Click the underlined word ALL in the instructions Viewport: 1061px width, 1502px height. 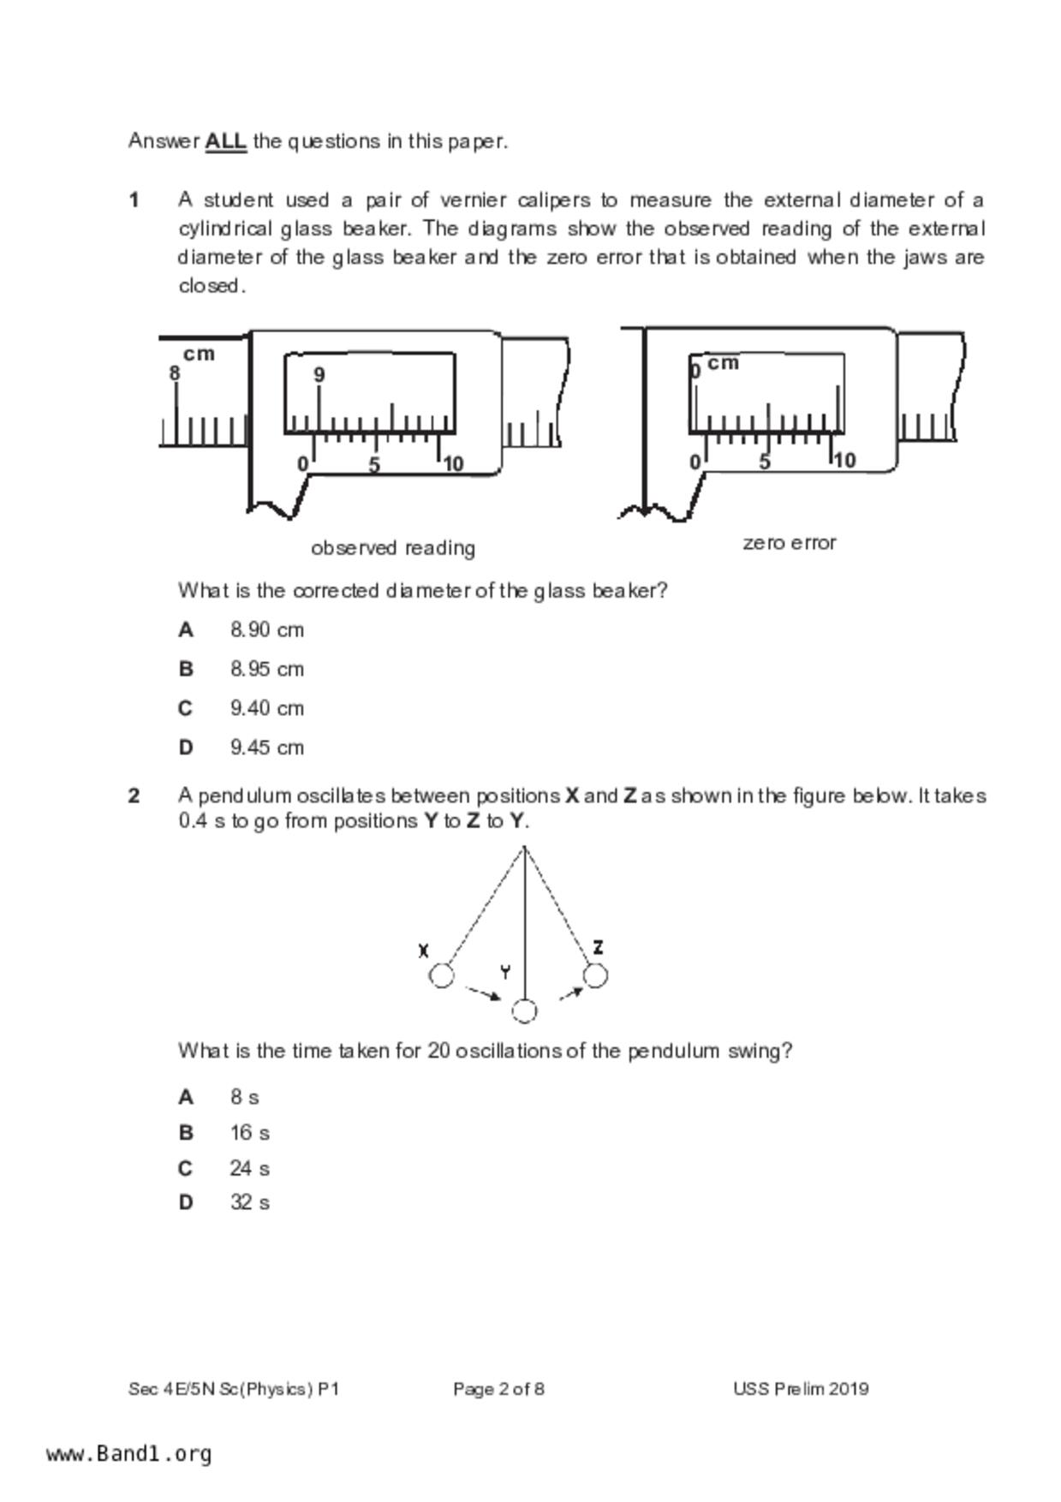(x=225, y=141)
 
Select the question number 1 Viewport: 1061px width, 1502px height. (x=134, y=200)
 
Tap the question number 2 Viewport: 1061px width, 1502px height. (x=134, y=796)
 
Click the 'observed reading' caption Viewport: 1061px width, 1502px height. (x=392, y=548)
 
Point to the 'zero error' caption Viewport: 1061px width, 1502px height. (x=789, y=543)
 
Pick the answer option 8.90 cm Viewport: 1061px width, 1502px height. (x=266, y=630)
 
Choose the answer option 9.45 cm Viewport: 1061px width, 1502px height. (x=266, y=748)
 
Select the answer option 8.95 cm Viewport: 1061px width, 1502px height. (x=266, y=669)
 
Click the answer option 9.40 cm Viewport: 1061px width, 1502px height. (x=266, y=708)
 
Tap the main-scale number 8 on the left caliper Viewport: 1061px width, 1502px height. (x=175, y=373)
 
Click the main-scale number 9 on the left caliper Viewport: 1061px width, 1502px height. (x=319, y=375)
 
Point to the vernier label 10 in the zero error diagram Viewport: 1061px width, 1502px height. (x=844, y=461)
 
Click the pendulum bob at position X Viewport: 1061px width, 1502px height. (x=441, y=975)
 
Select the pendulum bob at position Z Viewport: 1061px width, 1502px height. (x=595, y=975)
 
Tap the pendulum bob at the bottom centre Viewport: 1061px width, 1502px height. (x=524, y=1011)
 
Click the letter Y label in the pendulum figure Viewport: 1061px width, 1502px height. (x=505, y=972)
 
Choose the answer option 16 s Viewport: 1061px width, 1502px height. (x=249, y=1133)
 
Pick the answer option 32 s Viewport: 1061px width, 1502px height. (x=249, y=1203)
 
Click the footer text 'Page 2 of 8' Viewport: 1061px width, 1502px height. (x=498, y=1389)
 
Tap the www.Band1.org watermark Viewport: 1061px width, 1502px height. (x=129, y=1454)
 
